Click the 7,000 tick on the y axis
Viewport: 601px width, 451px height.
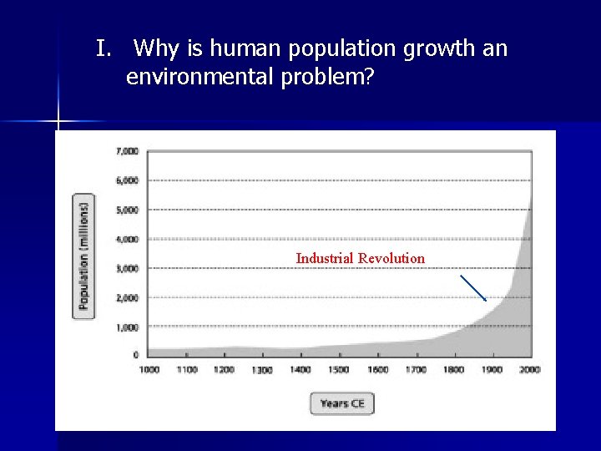pos(127,151)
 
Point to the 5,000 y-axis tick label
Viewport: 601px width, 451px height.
pos(127,210)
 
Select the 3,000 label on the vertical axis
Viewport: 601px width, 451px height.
pos(127,268)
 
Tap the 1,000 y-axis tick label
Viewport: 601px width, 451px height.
pos(127,327)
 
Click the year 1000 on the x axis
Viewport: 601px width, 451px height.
pos(148,369)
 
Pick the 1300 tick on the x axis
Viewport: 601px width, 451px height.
pos(261,370)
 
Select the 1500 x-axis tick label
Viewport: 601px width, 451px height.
pos(338,369)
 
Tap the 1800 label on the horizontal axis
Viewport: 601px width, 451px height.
pos(452,369)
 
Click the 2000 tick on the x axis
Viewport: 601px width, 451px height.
pos(528,369)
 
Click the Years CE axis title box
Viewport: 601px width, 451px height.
pos(342,403)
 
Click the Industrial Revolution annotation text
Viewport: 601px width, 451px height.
pos(360,258)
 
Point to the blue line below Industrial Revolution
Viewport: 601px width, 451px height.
pos(473,287)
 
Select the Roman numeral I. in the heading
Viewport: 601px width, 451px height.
pos(103,49)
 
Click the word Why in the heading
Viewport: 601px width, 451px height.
pos(155,49)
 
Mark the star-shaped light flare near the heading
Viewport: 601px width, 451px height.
pos(58,122)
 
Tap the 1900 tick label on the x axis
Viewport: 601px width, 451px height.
pos(491,369)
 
